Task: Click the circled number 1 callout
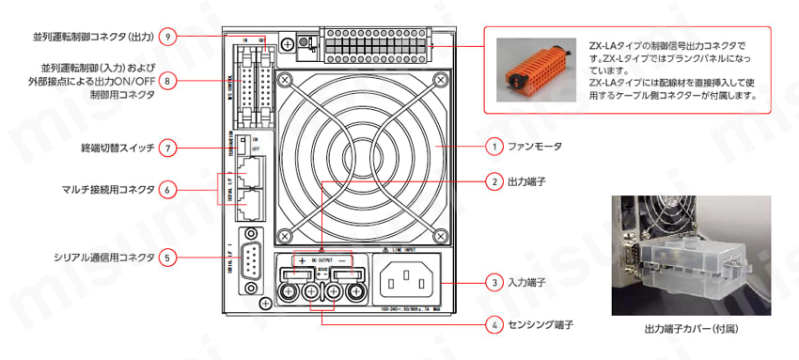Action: click(493, 147)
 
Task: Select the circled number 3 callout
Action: click(493, 281)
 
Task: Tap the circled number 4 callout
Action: click(493, 325)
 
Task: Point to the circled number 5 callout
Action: click(168, 256)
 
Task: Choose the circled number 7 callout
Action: click(168, 148)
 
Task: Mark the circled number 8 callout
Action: click(168, 81)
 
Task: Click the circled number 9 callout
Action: click(168, 37)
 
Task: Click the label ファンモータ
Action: click(537, 147)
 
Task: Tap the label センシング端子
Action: click(541, 325)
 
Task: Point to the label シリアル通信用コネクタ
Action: click(91, 256)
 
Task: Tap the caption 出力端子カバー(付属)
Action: click(690, 330)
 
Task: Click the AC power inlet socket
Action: click(409, 280)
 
